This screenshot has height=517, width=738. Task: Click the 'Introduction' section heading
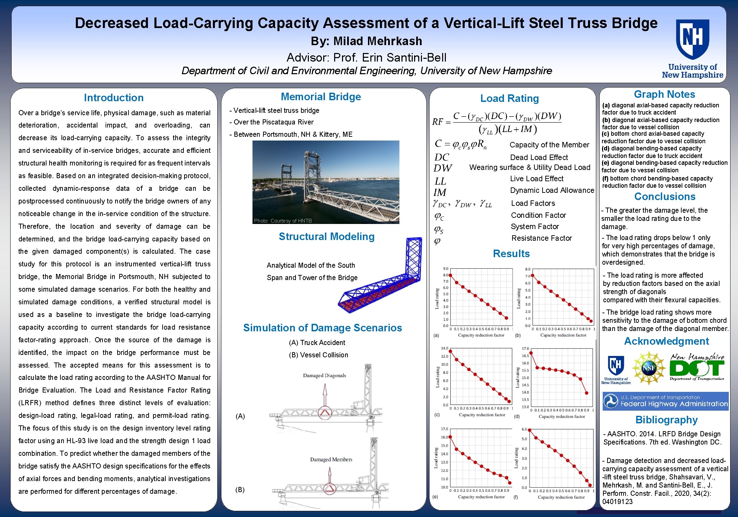(x=114, y=98)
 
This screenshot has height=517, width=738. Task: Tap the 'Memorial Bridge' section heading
(x=321, y=97)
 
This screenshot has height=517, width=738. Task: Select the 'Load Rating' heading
(x=509, y=98)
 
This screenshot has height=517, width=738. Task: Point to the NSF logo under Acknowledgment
(x=648, y=368)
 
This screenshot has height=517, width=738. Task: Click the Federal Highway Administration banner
(x=666, y=401)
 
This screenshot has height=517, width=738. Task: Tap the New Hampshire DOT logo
(x=697, y=367)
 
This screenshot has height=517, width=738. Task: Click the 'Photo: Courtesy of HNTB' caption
(x=283, y=221)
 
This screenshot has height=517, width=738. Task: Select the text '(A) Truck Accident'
(x=317, y=343)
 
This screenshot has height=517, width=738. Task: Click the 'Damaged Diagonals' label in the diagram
(x=324, y=375)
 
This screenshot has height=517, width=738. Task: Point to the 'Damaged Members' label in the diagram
(x=331, y=460)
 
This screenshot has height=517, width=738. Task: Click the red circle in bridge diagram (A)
(x=325, y=413)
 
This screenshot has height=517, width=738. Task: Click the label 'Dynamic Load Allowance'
(x=552, y=190)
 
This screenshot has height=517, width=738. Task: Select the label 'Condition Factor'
(x=538, y=215)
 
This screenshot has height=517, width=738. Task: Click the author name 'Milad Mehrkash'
(x=378, y=41)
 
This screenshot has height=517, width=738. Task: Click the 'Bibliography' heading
(x=666, y=420)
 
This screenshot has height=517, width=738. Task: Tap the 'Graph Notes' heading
(x=664, y=94)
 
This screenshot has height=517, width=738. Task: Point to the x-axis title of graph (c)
(x=482, y=415)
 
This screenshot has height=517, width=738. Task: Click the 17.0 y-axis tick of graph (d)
(x=525, y=349)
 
